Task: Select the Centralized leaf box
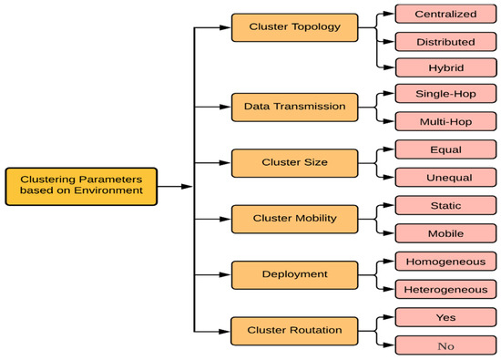coord(446,15)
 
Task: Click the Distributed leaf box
coord(446,42)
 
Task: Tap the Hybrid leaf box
coord(446,68)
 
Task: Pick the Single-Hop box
coord(446,94)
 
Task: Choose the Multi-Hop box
coord(446,120)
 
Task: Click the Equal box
coord(446,149)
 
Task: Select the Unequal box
coord(446,176)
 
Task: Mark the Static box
coord(446,205)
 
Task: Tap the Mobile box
coord(446,232)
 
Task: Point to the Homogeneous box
coord(446,262)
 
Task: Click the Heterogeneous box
coord(446,289)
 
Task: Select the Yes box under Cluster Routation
coord(446,317)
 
